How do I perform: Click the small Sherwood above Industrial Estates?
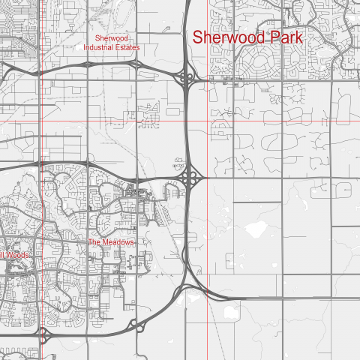(x=112, y=37)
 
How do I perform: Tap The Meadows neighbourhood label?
(x=111, y=242)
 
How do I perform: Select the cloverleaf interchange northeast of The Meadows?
(x=192, y=177)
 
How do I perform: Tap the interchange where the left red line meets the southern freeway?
(x=43, y=332)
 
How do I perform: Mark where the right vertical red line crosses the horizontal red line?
(x=208, y=121)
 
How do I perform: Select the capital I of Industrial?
(x=85, y=47)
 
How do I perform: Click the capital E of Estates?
(x=120, y=47)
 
